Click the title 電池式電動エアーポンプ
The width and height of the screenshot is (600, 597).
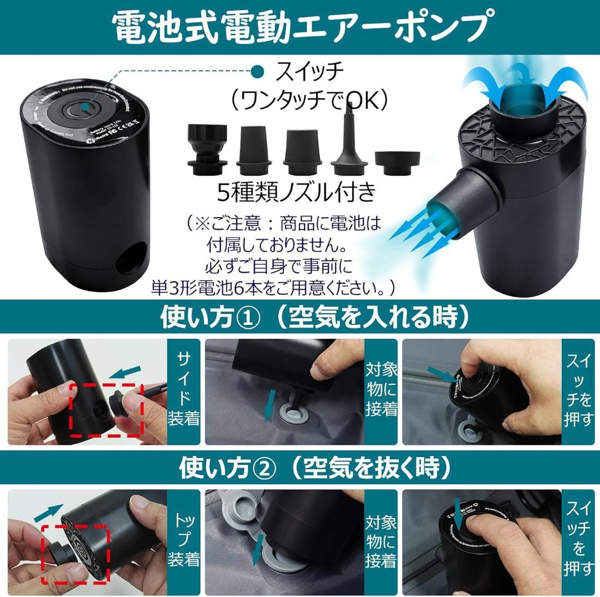(x=300, y=27)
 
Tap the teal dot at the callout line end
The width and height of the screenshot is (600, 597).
(x=258, y=71)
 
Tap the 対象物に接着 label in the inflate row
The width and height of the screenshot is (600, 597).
(x=381, y=391)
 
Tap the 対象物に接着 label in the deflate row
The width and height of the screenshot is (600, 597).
(x=381, y=543)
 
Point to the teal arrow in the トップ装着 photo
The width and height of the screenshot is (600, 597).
(x=48, y=511)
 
